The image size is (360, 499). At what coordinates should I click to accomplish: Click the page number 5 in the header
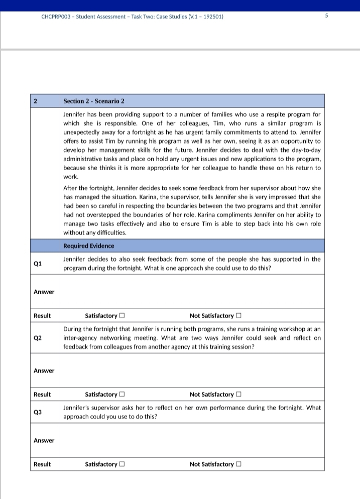(326, 16)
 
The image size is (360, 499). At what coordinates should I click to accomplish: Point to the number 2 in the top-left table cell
(35, 101)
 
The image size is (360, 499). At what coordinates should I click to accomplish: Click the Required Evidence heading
(88, 246)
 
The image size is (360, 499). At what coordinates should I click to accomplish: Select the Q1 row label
(38, 263)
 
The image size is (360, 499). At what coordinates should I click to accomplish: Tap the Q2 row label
(38, 338)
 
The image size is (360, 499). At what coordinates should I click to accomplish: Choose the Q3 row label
(38, 412)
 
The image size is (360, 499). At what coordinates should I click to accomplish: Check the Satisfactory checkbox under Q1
(122, 316)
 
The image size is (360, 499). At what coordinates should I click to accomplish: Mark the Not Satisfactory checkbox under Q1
(239, 316)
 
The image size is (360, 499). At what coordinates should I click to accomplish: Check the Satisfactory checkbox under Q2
(122, 395)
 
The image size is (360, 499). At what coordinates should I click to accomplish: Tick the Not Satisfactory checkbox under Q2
(239, 395)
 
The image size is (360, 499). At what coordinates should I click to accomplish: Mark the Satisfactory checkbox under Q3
(122, 464)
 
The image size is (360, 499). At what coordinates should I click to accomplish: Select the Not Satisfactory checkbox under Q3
(239, 464)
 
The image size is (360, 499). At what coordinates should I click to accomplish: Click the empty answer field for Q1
(192, 292)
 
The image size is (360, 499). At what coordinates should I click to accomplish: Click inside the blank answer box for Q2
(192, 370)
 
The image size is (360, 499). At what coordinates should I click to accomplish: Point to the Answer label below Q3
(44, 440)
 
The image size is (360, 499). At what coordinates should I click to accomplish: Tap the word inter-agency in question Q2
(81, 338)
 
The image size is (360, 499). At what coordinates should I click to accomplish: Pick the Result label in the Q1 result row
(42, 316)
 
